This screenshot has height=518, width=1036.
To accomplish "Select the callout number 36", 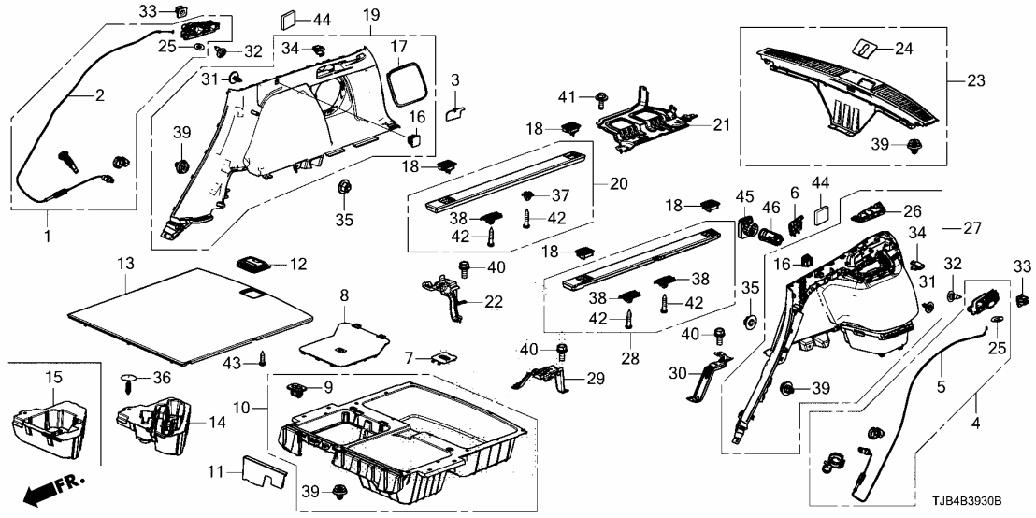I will [x=163, y=378].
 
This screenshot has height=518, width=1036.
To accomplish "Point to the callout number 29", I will [x=595, y=378].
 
